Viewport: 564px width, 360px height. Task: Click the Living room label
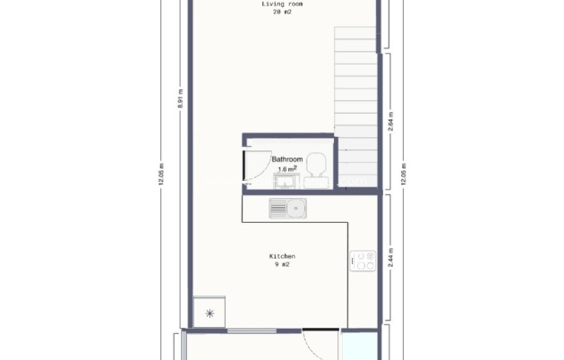click(x=282, y=4)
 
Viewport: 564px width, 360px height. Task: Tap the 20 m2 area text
click(x=282, y=13)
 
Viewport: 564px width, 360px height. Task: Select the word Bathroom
click(x=287, y=159)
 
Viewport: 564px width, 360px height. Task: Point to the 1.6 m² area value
click(x=287, y=168)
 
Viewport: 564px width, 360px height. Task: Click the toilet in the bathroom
click(x=315, y=166)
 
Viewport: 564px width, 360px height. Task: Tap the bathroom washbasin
click(x=286, y=182)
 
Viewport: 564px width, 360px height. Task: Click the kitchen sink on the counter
click(x=287, y=209)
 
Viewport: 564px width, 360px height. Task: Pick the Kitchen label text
click(x=282, y=256)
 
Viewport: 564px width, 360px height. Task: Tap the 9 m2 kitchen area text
click(x=282, y=265)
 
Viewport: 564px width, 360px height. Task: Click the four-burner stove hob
click(x=363, y=261)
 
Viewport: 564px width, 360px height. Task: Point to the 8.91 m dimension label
click(x=179, y=99)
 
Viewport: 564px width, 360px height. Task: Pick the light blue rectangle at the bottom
click(x=359, y=346)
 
